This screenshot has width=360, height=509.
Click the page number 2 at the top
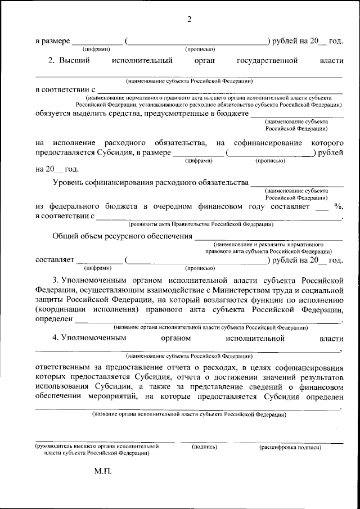[190, 20]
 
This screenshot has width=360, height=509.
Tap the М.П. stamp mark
[103, 471]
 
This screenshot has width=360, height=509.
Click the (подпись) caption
[205, 447]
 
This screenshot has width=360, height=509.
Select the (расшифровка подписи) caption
[290, 447]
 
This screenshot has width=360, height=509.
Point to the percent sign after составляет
[338, 206]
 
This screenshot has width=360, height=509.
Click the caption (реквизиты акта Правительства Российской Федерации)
[201, 224]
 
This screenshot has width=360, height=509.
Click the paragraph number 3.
[55, 279]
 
